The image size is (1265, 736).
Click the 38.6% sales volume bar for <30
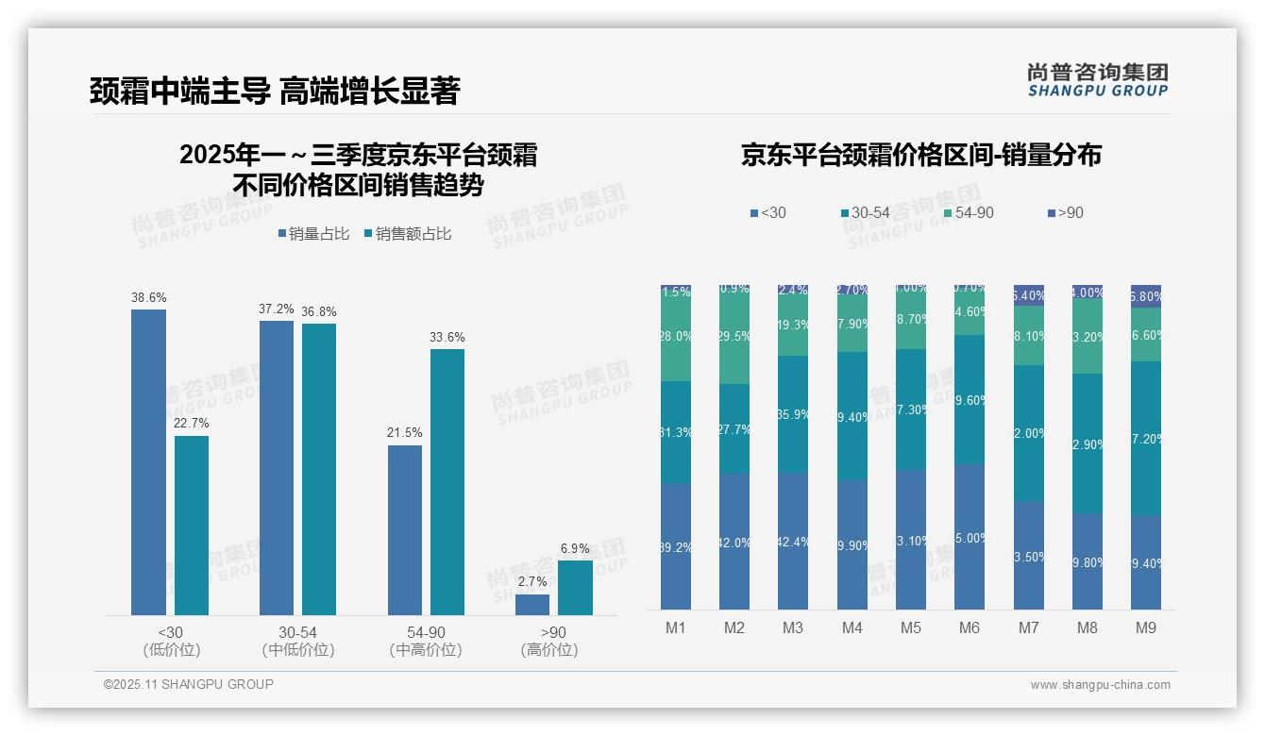click(x=148, y=462)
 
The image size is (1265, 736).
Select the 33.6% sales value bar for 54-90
click(x=447, y=482)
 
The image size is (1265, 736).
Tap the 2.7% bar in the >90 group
click(x=532, y=605)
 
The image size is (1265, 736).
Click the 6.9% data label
click(x=575, y=548)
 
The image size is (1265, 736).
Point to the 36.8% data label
click(x=319, y=311)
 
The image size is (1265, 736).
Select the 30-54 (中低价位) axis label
click(x=298, y=641)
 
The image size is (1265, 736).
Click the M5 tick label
click(x=910, y=627)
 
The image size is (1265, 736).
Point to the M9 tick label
click(x=1145, y=627)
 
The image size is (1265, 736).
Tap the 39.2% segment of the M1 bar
click(x=676, y=545)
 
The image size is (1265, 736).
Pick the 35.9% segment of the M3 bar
click(x=793, y=413)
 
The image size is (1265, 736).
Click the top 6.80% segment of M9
click(x=1146, y=296)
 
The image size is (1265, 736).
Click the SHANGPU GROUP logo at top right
click(x=1098, y=80)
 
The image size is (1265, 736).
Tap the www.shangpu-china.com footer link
click(x=1100, y=685)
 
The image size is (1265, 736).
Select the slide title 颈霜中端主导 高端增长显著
click(x=275, y=92)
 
